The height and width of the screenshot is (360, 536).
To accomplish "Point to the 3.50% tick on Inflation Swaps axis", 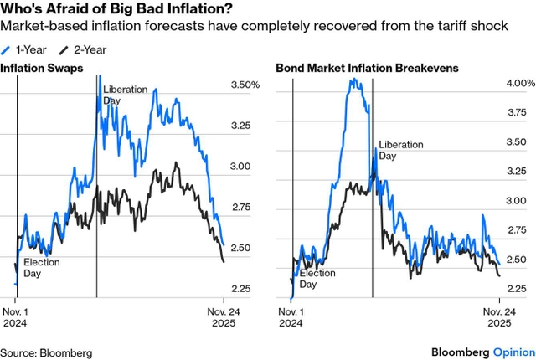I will (x=245, y=85).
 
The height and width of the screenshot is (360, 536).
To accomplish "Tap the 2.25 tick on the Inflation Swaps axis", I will (x=240, y=289).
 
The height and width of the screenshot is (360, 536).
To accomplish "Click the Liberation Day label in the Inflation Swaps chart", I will (x=124, y=94).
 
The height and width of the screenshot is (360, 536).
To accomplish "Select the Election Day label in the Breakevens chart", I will (x=317, y=279).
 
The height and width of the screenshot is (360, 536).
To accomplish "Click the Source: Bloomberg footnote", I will (x=46, y=352).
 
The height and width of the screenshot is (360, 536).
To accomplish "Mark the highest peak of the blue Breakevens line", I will (x=353, y=80).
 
